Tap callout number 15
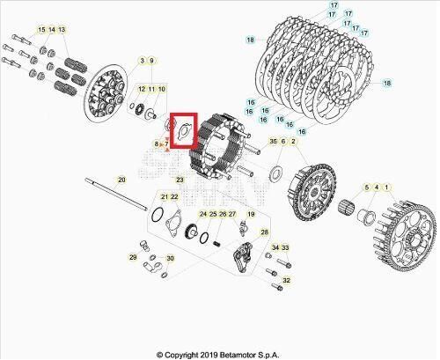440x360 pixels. (x=40, y=31)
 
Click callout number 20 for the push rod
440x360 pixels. (x=122, y=180)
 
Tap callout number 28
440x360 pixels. (x=262, y=231)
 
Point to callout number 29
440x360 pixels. (x=133, y=258)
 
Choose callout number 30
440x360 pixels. (x=170, y=259)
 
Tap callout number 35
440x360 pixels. (x=272, y=142)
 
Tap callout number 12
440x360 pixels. (x=142, y=90)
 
